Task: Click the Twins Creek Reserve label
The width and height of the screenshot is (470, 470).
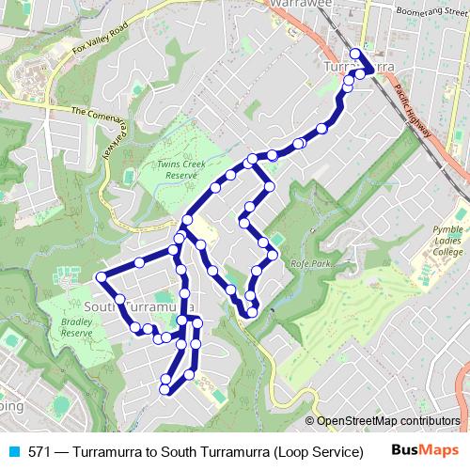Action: click(x=180, y=168)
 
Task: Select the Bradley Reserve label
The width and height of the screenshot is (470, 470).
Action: click(x=77, y=326)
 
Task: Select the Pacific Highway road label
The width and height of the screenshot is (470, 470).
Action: click(x=414, y=111)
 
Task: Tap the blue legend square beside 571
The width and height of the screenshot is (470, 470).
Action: click(x=13, y=451)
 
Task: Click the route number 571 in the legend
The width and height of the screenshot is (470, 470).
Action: click(x=39, y=451)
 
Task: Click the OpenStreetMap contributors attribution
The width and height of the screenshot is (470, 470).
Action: click(x=388, y=421)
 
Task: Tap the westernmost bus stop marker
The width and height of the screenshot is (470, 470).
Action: click(x=102, y=276)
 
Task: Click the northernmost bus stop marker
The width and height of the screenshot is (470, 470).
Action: click(x=355, y=54)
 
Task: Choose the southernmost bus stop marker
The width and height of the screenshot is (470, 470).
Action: click(x=165, y=389)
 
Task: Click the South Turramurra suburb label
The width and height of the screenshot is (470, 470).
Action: click(x=139, y=307)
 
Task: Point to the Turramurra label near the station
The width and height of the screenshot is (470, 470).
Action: click(x=358, y=67)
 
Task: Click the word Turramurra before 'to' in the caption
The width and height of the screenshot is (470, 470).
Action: click(x=108, y=451)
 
